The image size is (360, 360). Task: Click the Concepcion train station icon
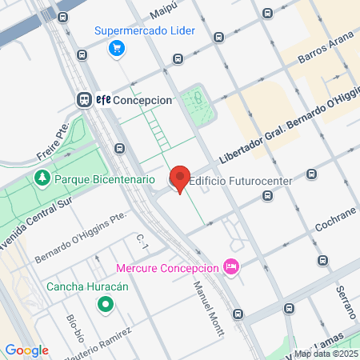[x=83, y=100]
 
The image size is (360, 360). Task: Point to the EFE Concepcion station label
[x=134, y=100]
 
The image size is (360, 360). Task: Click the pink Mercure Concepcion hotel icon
[x=231, y=266]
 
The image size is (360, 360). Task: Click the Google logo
[x=26, y=350]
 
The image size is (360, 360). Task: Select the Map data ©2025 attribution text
[x=325, y=354]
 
